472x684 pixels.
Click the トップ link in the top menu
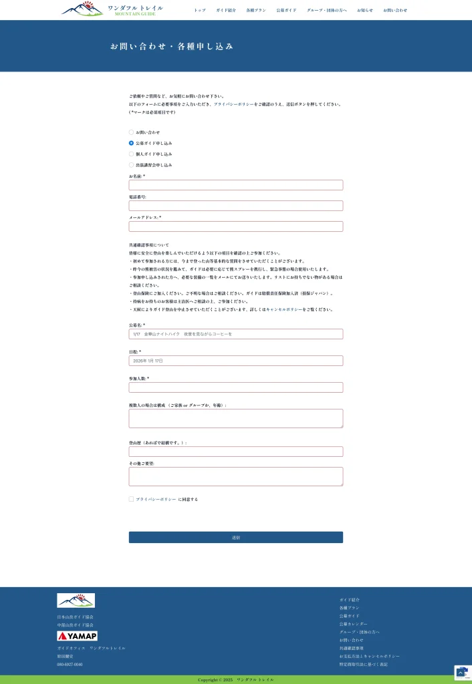click(200, 10)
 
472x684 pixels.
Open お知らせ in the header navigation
click(365, 10)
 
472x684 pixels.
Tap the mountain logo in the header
click(82, 9)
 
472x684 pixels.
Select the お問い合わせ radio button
click(131, 132)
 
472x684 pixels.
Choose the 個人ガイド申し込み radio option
click(131, 154)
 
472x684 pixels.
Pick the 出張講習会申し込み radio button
click(131, 164)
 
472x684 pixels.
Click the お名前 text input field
click(235, 185)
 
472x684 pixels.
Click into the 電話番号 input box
click(235, 206)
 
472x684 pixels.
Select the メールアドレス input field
click(235, 226)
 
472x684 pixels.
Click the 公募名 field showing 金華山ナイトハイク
click(235, 334)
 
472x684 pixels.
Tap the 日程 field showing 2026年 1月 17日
click(235, 361)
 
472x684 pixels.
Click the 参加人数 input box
click(235, 387)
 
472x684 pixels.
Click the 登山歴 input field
click(235, 452)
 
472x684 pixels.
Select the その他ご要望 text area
click(235, 476)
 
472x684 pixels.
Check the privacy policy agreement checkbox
click(131, 499)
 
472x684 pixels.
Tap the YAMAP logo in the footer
click(77, 636)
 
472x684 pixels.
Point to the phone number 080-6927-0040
click(70, 664)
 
